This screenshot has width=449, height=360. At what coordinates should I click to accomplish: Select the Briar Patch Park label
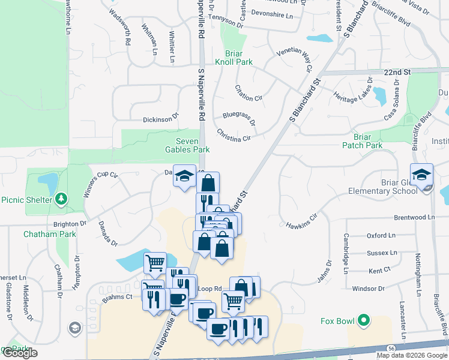click(362, 141)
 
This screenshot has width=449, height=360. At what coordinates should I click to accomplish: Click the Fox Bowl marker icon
click(363, 321)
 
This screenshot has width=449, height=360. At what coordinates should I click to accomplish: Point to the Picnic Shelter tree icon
click(61, 199)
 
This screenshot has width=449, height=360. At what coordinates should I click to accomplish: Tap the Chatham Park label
click(50, 234)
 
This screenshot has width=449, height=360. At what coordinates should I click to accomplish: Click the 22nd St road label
click(397, 72)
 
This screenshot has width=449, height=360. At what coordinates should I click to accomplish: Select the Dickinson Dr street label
click(161, 119)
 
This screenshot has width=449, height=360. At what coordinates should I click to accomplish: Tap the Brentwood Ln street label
click(414, 217)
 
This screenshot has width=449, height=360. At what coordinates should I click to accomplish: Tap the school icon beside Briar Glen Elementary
click(421, 175)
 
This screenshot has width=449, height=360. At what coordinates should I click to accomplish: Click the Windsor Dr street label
click(368, 289)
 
